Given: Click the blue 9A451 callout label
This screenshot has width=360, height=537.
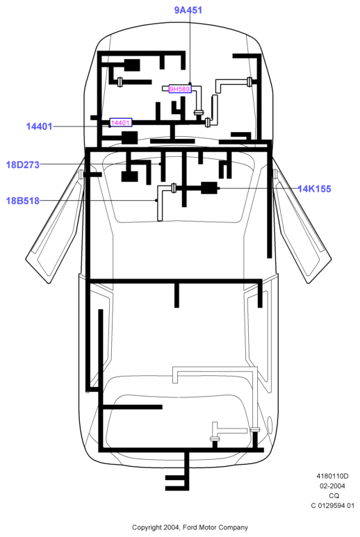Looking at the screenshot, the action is click(x=188, y=10).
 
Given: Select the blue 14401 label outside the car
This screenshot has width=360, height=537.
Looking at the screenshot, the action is click(x=40, y=126).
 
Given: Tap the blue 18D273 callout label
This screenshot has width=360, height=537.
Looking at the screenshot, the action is click(x=23, y=165).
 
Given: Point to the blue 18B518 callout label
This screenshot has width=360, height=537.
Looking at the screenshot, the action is click(x=23, y=201).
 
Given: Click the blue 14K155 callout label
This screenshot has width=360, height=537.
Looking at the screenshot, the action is click(x=314, y=189).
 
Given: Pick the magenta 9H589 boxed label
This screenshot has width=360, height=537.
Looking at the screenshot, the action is click(x=180, y=89).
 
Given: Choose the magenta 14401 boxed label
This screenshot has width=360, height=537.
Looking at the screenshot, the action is click(x=120, y=122).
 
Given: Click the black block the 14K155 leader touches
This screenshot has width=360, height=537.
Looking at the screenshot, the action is click(x=209, y=188).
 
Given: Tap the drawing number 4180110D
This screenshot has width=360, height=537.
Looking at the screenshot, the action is click(x=332, y=476).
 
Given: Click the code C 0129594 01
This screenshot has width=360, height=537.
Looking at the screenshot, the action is click(x=332, y=506).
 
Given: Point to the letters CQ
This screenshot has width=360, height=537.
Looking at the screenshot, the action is click(x=334, y=495).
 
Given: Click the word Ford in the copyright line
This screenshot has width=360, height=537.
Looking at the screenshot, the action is click(x=189, y=527).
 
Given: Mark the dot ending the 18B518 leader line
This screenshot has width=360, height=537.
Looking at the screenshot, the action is click(x=156, y=201).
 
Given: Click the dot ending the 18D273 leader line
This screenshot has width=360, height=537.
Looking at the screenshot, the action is click(x=161, y=165).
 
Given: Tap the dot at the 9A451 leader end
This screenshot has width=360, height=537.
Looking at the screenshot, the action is click(x=190, y=83).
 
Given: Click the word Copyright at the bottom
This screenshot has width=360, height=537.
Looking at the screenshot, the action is click(x=147, y=528).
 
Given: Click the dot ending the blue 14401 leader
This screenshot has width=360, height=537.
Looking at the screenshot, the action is click(x=110, y=126).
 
